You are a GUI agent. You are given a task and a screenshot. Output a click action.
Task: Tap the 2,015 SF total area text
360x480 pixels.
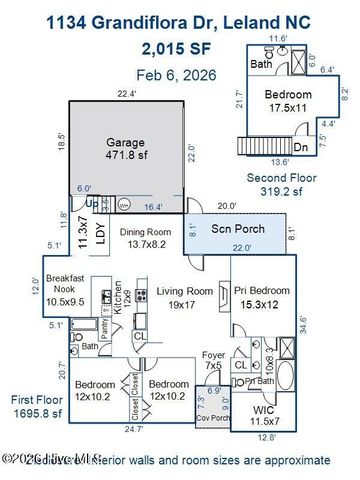[x=179, y=47]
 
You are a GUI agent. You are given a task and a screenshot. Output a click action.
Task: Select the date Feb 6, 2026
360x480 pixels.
[x=179, y=74]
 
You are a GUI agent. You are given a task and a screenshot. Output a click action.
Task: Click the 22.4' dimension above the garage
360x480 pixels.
[x=125, y=93]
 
